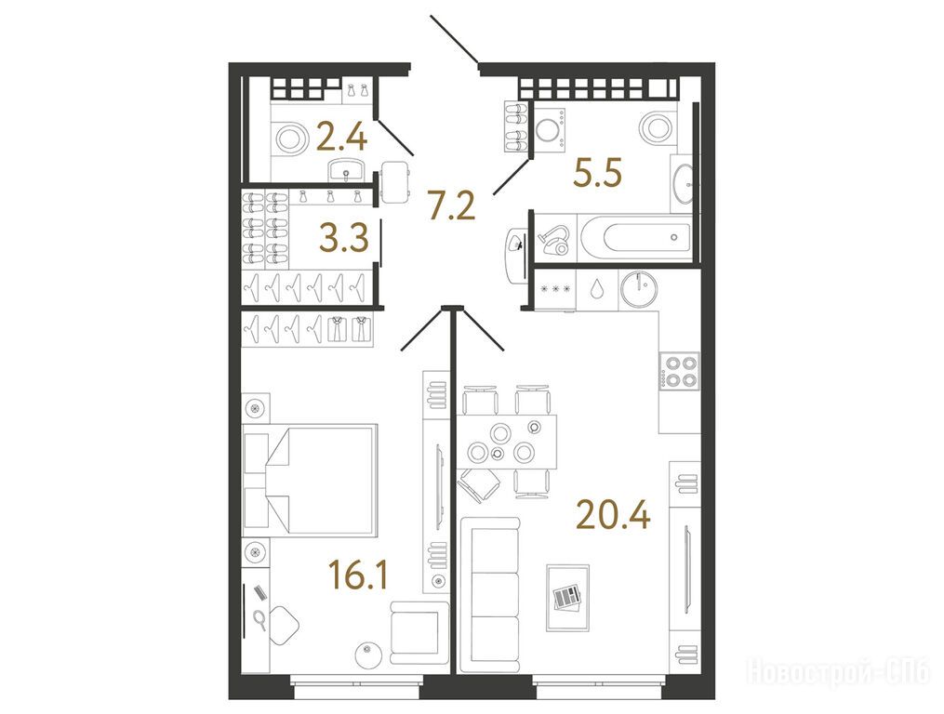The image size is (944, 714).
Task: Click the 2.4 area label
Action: click(x=341, y=139)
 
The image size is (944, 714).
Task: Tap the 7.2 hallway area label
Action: click(x=451, y=205)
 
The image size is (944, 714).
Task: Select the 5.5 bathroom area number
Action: click(x=597, y=173)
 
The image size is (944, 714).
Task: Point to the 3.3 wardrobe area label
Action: click(x=344, y=239)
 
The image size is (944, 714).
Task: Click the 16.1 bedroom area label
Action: click(x=358, y=575)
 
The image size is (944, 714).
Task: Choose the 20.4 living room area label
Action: click(x=614, y=515)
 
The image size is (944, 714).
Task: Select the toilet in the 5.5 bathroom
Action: click(x=658, y=128)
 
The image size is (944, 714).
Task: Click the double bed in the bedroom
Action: click(x=310, y=480)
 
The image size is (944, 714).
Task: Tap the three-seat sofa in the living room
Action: click(x=488, y=595)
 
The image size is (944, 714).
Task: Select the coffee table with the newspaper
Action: click(x=567, y=598)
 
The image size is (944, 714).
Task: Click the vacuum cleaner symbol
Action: click(x=558, y=239)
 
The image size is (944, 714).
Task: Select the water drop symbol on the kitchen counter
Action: click(x=597, y=289)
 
